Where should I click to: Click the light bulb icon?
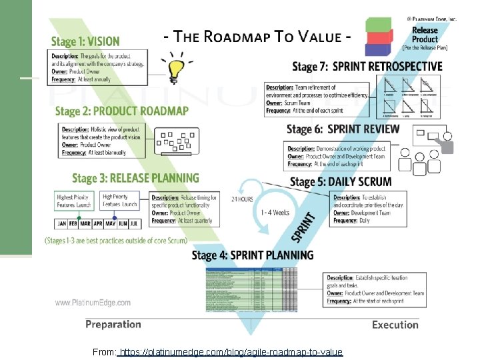[x=177, y=67]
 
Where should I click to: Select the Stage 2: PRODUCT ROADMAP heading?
[x=121, y=111]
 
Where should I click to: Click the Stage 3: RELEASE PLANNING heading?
[x=135, y=178]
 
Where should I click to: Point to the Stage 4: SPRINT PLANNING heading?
[x=252, y=255]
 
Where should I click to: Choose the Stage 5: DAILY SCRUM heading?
[x=341, y=182]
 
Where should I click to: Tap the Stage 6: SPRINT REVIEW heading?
[x=343, y=129]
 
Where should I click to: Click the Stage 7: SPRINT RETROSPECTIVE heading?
[x=367, y=66]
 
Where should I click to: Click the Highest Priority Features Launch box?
[x=74, y=201]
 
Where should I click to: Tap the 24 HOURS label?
[x=241, y=199]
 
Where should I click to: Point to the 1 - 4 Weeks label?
[x=275, y=213]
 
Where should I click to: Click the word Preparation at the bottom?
[x=113, y=325]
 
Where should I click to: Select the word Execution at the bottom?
[x=395, y=325]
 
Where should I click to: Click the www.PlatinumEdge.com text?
[x=93, y=303]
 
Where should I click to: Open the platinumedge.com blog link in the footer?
[x=230, y=352]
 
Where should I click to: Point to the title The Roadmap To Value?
[x=257, y=37]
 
